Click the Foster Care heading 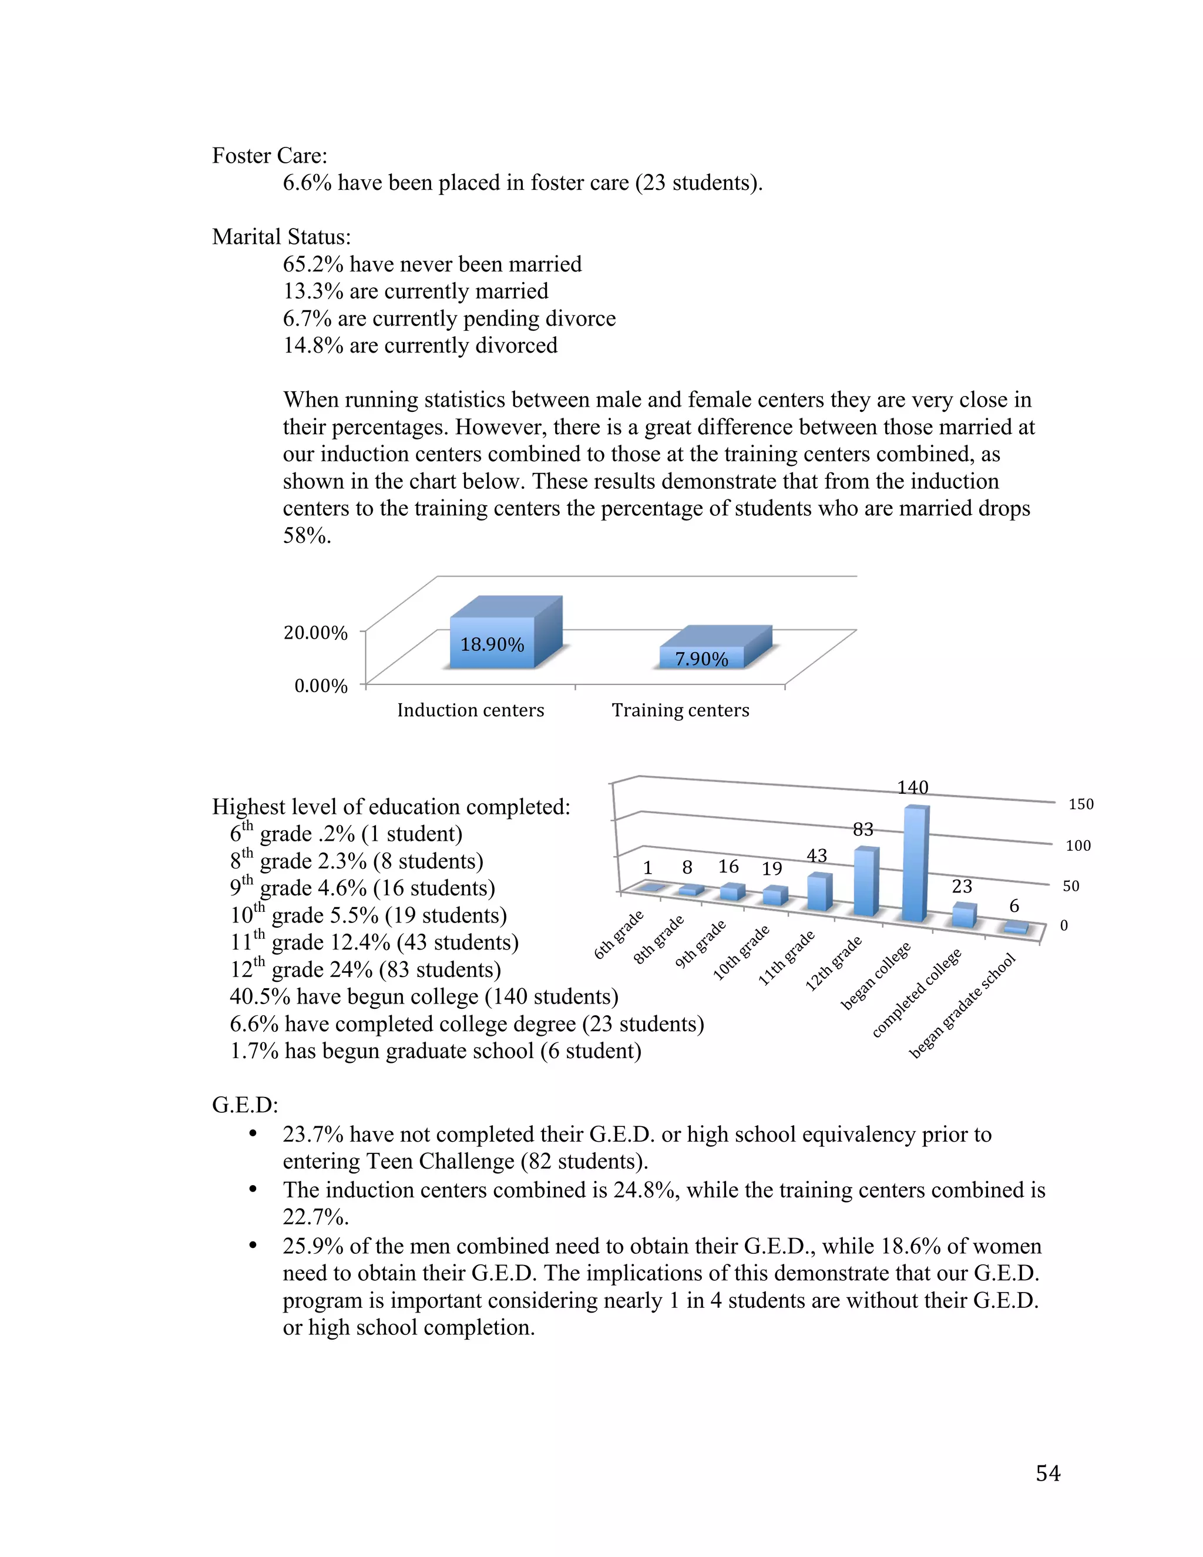pos(270,156)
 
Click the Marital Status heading pos(281,237)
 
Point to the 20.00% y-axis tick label pos(315,632)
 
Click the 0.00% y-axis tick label pos(321,686)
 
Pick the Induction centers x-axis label pos(471,710)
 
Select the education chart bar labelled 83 pos(865,882)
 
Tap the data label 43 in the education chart pos(816,855)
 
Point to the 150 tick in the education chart pos(1080,804)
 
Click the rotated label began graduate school pos(962,1006)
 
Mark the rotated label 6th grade pos(619,935)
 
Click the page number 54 pos(1048,1473)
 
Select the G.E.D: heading pos(244,1105)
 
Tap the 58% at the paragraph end pos(307,535)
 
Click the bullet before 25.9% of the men pos(252,1246)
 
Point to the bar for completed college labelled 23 pos(963,915)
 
